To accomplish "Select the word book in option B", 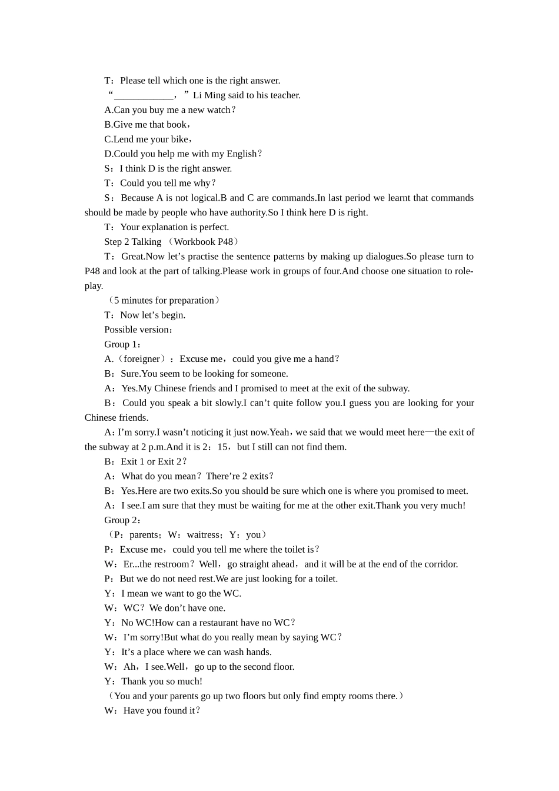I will (x=177, y=125).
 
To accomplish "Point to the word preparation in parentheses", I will (x=187, y=301).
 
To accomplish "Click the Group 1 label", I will (x=122, y=344).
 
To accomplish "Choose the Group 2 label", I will (x=122, y=520).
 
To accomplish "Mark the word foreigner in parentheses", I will (x=142, y=359).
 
